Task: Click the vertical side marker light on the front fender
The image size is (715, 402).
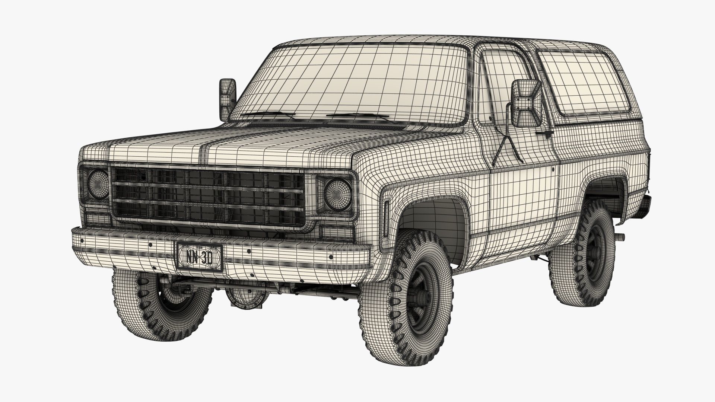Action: pos(386,219)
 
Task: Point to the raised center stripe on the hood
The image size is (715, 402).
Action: pos(204,149)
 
